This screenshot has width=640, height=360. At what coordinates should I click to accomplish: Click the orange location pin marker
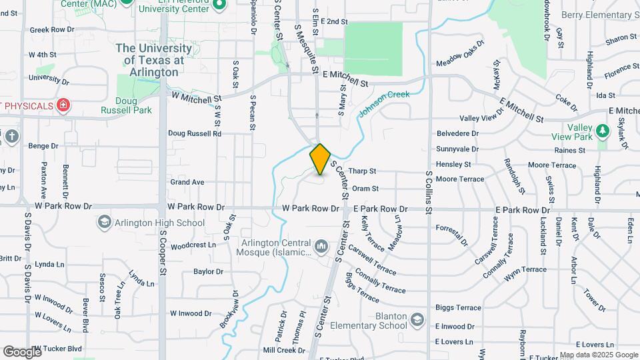[x=320, y=159]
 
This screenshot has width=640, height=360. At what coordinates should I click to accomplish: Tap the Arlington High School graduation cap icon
[x=104, y=222]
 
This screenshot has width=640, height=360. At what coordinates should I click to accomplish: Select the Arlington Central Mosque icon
[x=322, y=247]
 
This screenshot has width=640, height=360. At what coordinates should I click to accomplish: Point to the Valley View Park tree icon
[x=603, y=130]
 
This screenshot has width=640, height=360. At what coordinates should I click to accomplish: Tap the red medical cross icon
[x=63, y=106]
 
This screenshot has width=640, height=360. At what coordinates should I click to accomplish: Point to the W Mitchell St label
[x=196, y=97]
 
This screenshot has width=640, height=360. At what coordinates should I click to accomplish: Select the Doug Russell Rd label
[x=194, y=133]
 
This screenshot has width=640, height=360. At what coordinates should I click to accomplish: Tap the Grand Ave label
[x=187, y=182]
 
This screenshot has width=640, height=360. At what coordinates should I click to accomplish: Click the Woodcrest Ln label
[x=193, y=245]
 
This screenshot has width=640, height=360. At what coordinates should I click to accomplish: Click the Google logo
[x=23, y=351]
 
